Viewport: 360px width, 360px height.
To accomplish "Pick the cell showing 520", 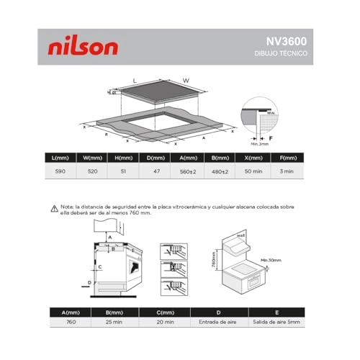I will [x=93, y=172].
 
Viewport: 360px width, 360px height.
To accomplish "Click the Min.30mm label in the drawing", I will [x=271, y=260].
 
